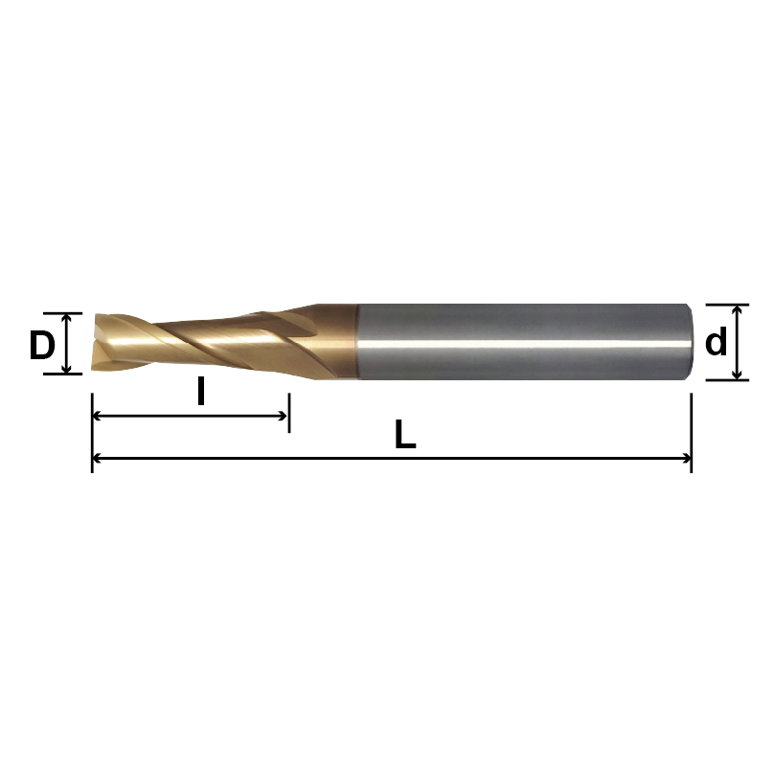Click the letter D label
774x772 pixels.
click(x=41, y=345)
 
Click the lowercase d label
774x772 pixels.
click(x=716, y=342)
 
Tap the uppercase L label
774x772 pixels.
click(x=405, y=437)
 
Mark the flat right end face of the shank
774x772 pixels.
click(x=689, y=342)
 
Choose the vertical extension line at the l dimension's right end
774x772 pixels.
click(x=288, y=407)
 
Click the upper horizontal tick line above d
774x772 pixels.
click(x=728, y=304)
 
